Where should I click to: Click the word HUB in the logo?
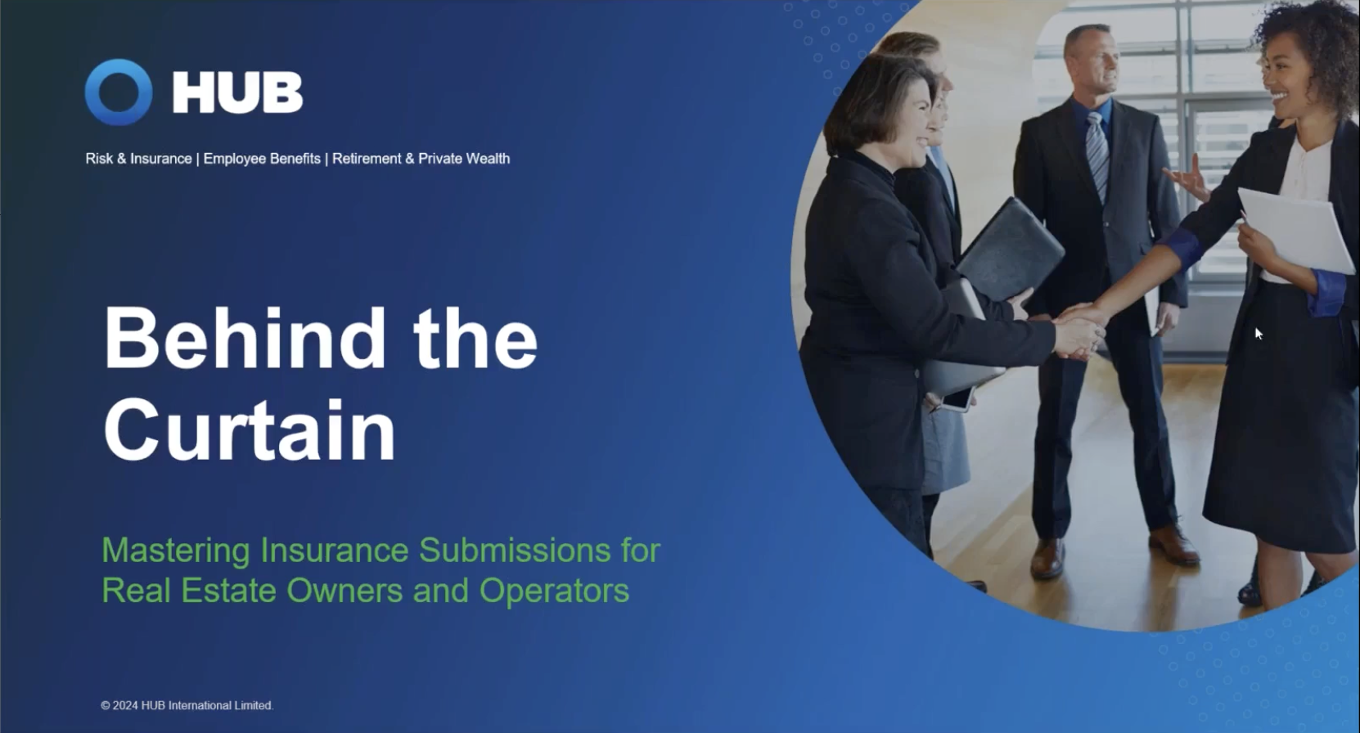tap(237, 92)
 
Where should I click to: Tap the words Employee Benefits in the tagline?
tap(262, 159)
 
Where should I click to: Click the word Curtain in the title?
tap(250, 430)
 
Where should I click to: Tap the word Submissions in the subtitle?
tap(514, 551)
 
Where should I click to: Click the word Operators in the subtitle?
tap(554, 591)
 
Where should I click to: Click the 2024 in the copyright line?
tap(125, 706)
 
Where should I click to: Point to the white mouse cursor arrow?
tap(1259, 333)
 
